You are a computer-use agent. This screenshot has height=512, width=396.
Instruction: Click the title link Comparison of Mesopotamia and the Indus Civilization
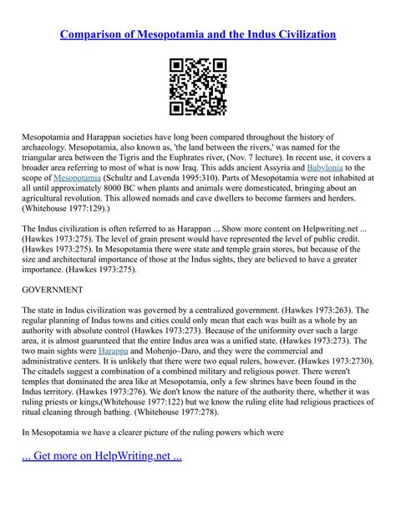point(198,34)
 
